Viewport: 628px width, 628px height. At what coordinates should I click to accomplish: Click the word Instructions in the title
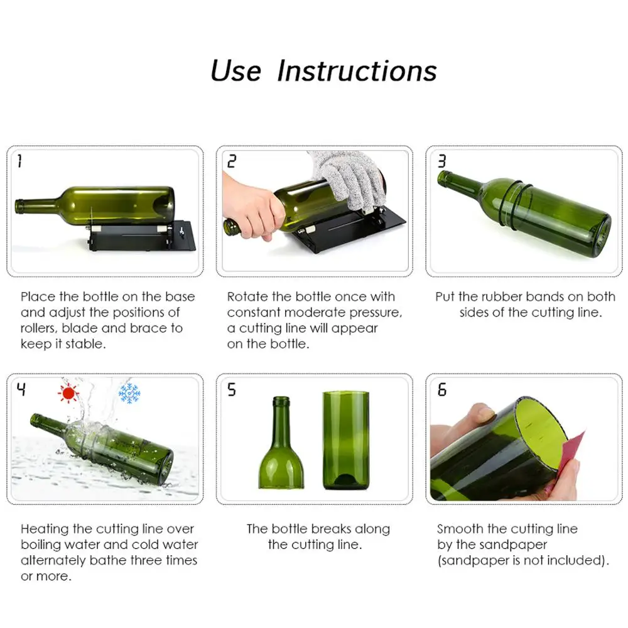click(x=357, y=70)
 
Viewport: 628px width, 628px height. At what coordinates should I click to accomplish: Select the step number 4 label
click(x=21, y=390)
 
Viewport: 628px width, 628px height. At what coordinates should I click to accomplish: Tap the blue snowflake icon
click(x=129, y=393)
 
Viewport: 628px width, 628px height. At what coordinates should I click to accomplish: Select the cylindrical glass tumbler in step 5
click(x=345, y=440)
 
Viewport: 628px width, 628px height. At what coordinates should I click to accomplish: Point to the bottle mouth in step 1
click(x=19, y=205)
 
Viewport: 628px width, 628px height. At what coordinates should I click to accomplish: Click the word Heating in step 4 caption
click(x=45, y=529)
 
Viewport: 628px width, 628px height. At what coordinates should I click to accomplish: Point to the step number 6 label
click(x=441, y=390)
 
